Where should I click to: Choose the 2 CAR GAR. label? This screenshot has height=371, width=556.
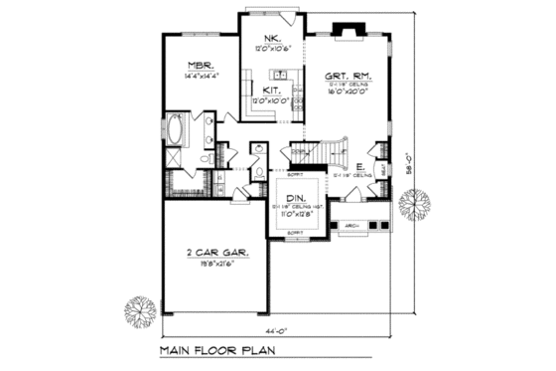pos(214,253)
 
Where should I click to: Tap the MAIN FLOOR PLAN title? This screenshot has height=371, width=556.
pos(219,352)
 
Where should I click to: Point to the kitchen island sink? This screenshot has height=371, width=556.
pos(281,75)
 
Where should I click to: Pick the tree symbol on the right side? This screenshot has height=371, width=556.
pos(410,205)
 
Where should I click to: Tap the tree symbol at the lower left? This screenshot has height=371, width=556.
pos(139,309)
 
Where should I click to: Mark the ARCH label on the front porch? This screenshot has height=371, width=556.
pos(351,226)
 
